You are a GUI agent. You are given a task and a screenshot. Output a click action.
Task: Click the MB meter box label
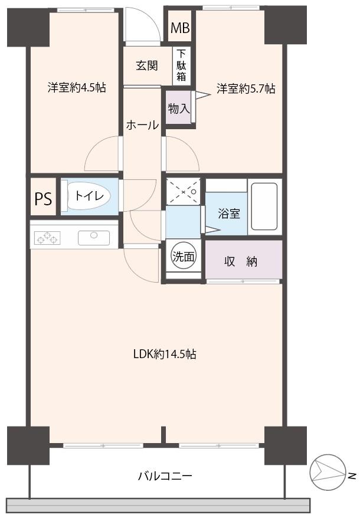point(179,28)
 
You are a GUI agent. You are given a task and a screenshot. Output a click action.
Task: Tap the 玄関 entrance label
point(147,65)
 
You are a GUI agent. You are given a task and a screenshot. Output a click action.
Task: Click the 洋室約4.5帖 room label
point(77,88)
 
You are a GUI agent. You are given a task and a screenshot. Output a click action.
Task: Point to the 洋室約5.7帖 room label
point(245,88)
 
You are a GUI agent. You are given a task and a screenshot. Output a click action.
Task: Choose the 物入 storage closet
point(179,108)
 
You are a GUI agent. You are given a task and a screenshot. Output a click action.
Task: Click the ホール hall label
point(142,125)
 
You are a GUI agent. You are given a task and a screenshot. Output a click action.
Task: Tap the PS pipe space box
point(42,199)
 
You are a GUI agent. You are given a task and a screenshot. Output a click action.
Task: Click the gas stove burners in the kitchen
point(48,238)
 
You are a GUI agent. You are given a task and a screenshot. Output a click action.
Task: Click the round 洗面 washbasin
point(183,256)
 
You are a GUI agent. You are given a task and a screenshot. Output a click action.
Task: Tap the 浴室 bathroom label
point(229,214)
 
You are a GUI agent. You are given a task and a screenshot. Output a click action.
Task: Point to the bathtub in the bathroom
point(264,206)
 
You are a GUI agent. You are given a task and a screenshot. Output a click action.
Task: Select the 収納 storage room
point(243,261)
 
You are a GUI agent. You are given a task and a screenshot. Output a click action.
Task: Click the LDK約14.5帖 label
point(164,355)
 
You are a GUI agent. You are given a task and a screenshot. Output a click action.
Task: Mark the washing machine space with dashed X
point(183,192)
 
